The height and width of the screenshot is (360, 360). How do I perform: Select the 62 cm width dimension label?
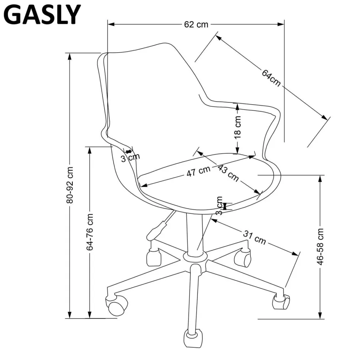coord(196,24)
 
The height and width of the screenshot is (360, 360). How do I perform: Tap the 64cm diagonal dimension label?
coord(271,78)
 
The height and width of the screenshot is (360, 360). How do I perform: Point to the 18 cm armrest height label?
coord(238,127)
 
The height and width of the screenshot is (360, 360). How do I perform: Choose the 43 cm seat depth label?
coord(228,173)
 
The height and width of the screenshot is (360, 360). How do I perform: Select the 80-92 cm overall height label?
coord(70,185)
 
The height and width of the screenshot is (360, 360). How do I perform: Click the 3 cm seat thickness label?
coord(219,206)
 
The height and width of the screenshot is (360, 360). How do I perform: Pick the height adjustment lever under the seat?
coord(158,228)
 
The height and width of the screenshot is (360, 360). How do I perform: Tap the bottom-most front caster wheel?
coord(194,338)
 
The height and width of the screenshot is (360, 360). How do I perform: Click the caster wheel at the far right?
coord(281,301)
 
